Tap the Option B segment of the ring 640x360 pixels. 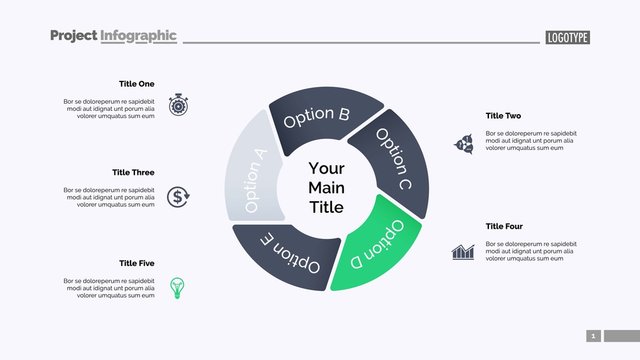click(x=318, y=116)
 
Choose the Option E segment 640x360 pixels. click(x=288, y=256)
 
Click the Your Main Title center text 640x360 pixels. click(x=326, y=188)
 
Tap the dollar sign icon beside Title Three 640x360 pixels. click(x=178, y=196)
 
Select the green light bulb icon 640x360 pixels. click(x=178, y=286)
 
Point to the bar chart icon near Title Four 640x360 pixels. click(x=462, y=251)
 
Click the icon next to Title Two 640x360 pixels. click(x=464, y=144)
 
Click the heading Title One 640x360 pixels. click(x=136, y=84)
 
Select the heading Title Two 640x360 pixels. click(x=503, y=116)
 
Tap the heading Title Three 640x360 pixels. click(x=133, y=173)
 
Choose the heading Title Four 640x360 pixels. click(x=504, y=227)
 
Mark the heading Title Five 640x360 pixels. click(x=136, y=263)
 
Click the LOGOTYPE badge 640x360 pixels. click(x=568, y=37)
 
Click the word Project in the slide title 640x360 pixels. click(x=73, y=36)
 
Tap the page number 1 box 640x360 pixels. click(x=593, y=336)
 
